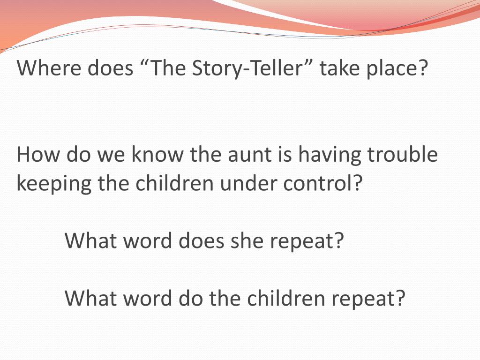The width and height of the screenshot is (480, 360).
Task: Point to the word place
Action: click(x=399, y=69)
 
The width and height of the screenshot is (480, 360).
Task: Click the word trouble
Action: click(x=403, y=155)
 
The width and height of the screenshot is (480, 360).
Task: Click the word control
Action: click(x=323, y=184)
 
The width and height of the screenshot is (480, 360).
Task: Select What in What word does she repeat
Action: click(x=91, y=241)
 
